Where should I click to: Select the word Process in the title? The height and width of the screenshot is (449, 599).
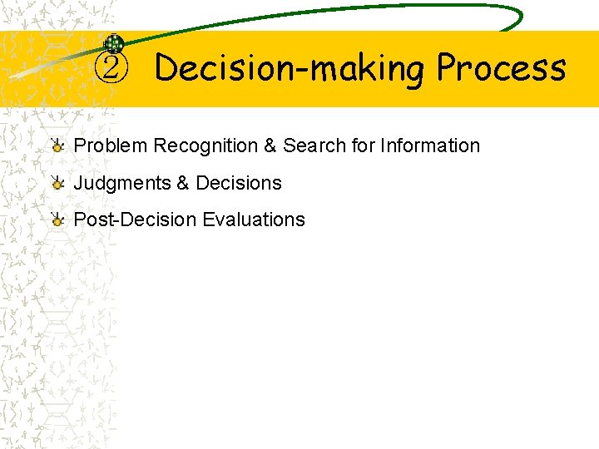[x=501, y=68]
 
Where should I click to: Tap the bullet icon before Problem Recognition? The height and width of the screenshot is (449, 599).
[x=57, y=146]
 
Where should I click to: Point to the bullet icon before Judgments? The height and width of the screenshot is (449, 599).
[x=57, y=184]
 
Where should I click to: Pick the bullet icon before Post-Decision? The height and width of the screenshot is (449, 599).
[x=57, y=220]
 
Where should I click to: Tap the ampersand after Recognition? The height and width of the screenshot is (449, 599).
[x=270, y=146]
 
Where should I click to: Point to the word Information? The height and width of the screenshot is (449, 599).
[x=430, y=146]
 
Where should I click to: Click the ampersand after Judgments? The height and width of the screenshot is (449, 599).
[x=183, y=183]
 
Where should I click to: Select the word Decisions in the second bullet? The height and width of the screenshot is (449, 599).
[x=239, y=183]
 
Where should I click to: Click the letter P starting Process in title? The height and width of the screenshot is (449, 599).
[x=449, y=67]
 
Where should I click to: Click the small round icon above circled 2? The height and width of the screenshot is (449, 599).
[x=114, y=45]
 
